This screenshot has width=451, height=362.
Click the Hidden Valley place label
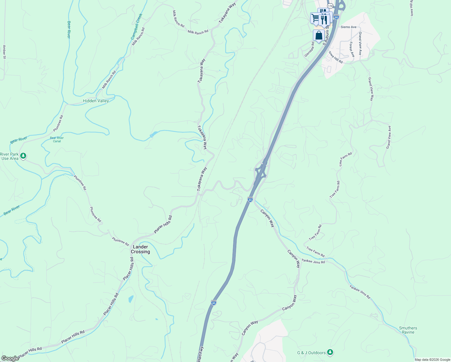(x=96, y=101)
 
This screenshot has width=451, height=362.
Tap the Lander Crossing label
(x=140, y=249)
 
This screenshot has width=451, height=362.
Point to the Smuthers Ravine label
(x=408, y=330)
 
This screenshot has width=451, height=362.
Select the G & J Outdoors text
(x=311, y=353)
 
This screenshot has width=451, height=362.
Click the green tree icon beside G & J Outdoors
(x=330, y=352)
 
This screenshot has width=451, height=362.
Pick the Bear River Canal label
(x=57, y=139)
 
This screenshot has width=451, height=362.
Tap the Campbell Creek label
(x=136, y=27)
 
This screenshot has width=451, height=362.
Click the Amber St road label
(x=4, y=52)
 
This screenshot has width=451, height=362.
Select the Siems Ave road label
(x=348, y=27)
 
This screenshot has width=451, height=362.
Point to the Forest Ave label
(x=352, y=49)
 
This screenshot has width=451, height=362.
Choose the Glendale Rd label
(x=309, y=49)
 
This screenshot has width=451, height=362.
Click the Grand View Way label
(x=371, y=89)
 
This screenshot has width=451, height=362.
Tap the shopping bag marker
(x=319, y=36)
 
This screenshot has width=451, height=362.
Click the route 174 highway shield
(x=330, y=6)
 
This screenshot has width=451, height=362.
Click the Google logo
(x=10, y=358)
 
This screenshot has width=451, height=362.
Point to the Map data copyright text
(x=432, y=360)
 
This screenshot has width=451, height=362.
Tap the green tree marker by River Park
(x=23, y=156)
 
